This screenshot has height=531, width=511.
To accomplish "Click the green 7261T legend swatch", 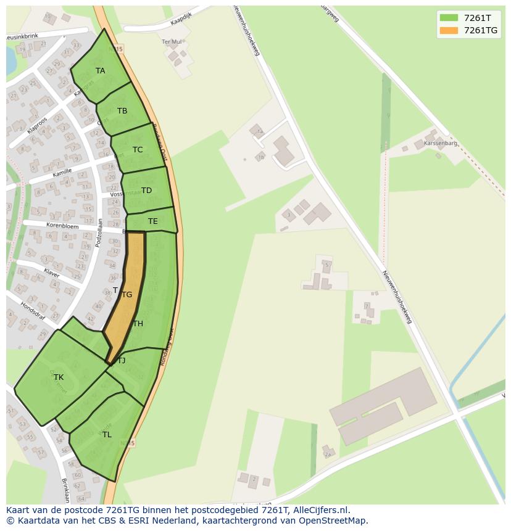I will [449, 17].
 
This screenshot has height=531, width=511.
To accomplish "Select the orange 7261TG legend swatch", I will [449, 30].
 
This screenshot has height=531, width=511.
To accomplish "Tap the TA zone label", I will [100, 71].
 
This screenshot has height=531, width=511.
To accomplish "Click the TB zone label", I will [122, 111].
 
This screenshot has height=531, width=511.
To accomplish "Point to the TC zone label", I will [137, 150].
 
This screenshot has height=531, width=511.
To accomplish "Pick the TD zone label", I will [146, 191].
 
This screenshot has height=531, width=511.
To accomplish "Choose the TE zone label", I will [152, 221].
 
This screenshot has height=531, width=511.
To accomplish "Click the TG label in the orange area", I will [127, 295].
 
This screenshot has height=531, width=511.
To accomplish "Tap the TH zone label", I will [138, 324].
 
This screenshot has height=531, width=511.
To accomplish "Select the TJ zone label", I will [121, 361].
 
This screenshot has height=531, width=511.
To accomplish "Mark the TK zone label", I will [59, 377].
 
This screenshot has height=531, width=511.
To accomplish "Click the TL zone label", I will [107, 435].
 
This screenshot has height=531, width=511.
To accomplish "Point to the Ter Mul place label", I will [172, 42].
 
